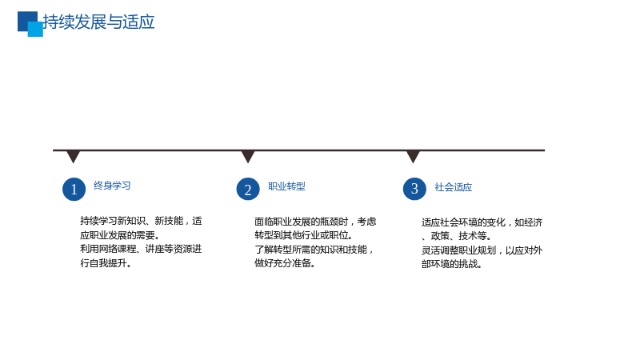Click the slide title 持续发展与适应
pyautogui.click(x=98, y=22)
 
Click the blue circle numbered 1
pyautogui.click(x=74, y=189)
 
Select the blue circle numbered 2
pyautogui.click(x=248, y=189)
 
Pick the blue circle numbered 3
pyautogui.click(x=414, y=189)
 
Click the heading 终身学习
pyautogui.click(x=112, y=186)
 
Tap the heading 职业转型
pyautogui.click(x=286, y=186)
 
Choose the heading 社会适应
pyautogui.click(x=453, y=187)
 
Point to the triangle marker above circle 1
pyautogui.click(x=73, y=157)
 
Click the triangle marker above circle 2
pyautogui.click(x=248, y=157)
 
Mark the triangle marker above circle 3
pyautogui.click(x=413, y=157)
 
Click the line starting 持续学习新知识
pyautogui.click(x=141, y=221)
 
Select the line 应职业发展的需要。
pyautogui.click(x=120, y=235)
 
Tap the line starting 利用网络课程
pyautogui.click(x=141, y=249)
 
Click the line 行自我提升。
pyautogui.click(x=106, y=263)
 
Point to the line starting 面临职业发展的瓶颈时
pyautogui.click(x=315, y=222)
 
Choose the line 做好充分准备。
pyautogui.click(x=285, y=263)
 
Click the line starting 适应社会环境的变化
pyautogui.click(x=482, y=222)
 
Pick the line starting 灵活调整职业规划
pyautogui.click(x=482, y=250)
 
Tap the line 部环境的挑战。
pyautogui.click(x=452, y=264)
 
